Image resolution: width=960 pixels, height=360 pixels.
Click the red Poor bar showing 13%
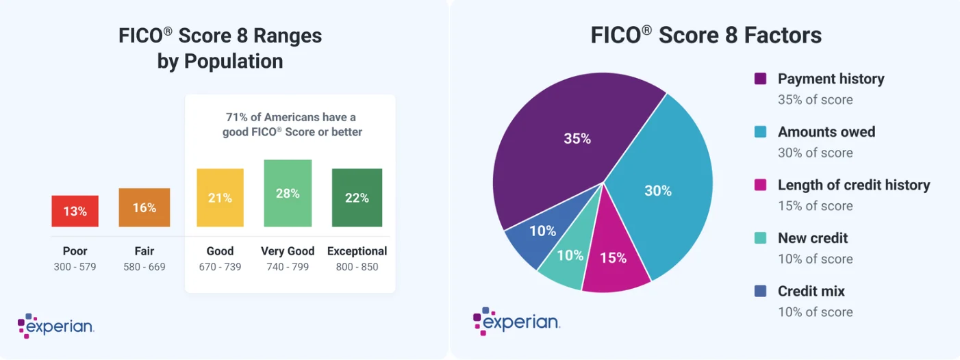(x=75, y=211)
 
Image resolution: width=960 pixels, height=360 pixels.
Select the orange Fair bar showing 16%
(x=144, y=207)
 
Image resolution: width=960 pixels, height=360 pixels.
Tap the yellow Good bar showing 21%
(x=220, y=197)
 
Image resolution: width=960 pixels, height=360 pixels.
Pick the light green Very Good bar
(x=288, y=193)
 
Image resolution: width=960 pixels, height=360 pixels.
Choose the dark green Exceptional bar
(x=357, y=197)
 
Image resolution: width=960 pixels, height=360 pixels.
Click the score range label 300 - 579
(x=75, y=267)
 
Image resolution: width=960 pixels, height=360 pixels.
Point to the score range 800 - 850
(x=357, y=267)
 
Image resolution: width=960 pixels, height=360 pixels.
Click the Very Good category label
(x=288, y=251)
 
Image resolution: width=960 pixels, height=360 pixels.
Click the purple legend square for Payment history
(x=760, y=79)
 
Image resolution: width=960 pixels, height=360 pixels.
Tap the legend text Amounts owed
(x=826, y=132)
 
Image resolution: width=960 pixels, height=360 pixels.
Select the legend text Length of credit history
(x=854, y=185)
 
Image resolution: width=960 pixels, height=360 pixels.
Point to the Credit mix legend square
(x=760, y=292)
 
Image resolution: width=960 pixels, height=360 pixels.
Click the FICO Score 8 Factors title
(x=706, y=36)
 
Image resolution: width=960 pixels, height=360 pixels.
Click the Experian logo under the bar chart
(x=56, y=326)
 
